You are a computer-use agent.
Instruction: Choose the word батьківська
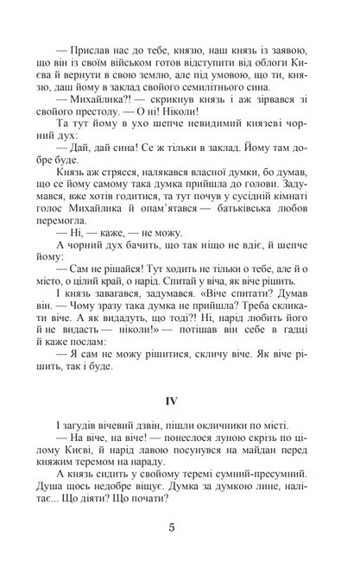tap(244, 229)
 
